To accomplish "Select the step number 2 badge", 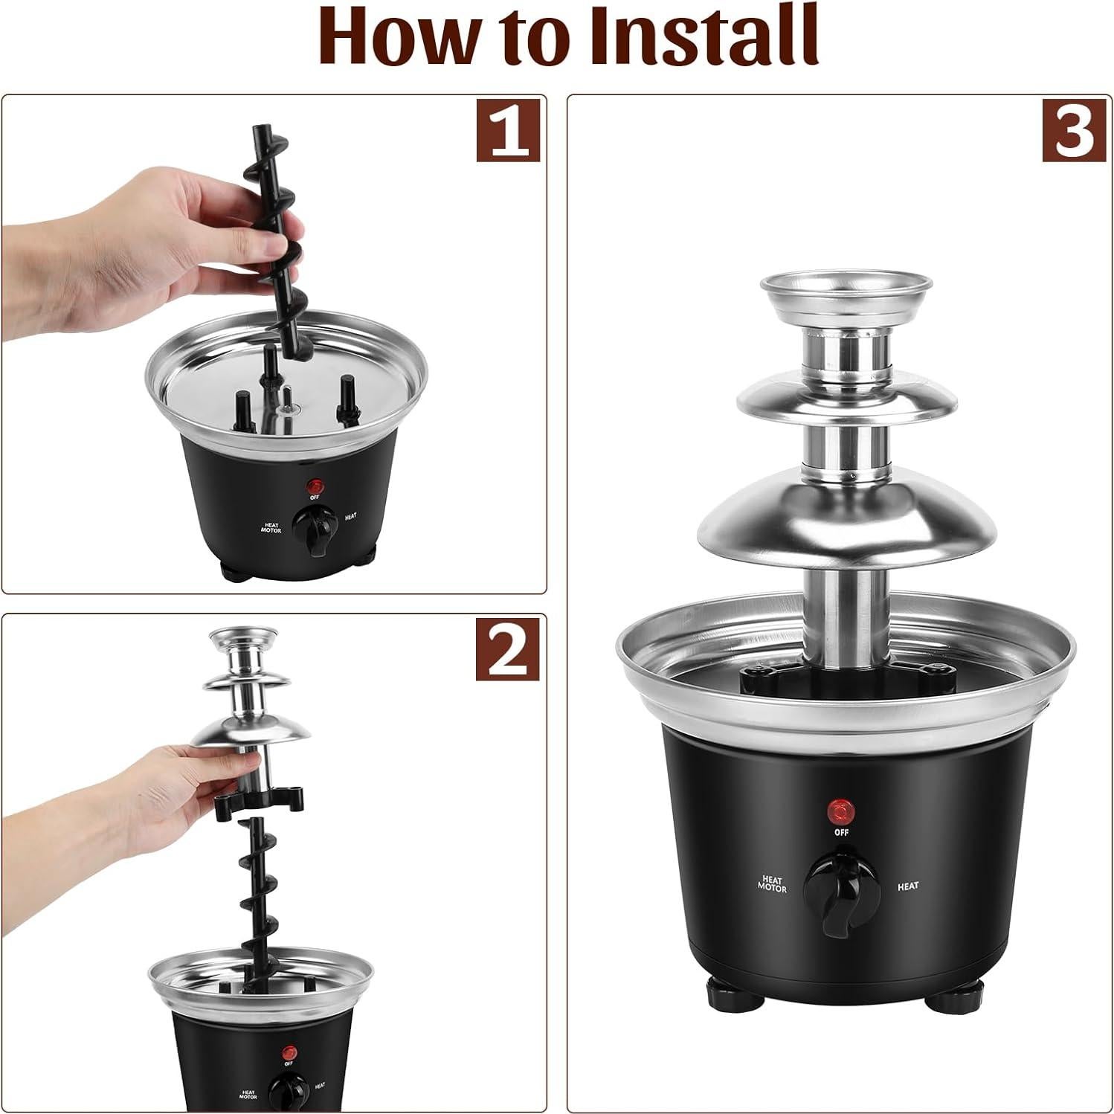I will click(x=508, y=648).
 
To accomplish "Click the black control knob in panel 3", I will click(x=835, y=888).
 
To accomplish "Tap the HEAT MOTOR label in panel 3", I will click(x=772, y=883).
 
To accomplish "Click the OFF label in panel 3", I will click(x=841, y=833).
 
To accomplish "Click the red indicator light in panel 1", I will click(x=312, y=485).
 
